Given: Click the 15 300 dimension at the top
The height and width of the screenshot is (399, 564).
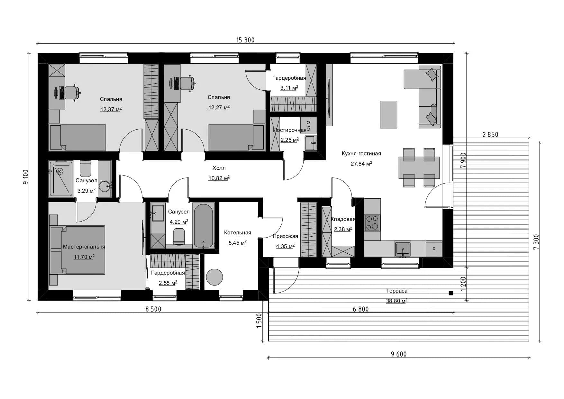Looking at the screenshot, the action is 245,40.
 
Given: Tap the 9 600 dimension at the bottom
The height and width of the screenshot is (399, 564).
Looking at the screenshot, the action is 399,354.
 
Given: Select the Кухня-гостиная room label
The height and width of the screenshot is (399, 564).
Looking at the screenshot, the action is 361,154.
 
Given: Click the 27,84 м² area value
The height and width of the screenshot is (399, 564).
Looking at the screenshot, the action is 361,164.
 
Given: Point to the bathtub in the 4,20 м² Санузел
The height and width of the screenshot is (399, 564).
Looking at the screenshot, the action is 203,225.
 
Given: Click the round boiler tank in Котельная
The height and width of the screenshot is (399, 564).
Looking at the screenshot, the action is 214,277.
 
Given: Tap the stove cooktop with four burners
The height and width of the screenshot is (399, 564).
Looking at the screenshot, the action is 372,223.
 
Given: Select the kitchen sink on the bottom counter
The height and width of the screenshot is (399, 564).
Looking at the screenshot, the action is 403,249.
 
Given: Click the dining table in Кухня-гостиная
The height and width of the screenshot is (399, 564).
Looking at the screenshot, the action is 419,168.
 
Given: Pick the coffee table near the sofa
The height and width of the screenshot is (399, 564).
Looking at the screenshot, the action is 389,114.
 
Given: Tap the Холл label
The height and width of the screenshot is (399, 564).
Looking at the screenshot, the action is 219,168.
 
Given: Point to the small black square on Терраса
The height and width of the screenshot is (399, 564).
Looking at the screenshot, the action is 451,293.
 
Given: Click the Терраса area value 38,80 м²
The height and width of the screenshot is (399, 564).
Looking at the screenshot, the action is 396,301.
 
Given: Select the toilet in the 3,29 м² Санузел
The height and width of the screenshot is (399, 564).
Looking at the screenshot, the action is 86,168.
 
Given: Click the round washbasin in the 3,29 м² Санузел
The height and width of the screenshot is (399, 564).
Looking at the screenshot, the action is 105,186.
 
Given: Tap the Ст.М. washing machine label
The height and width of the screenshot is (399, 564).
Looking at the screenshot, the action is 308,125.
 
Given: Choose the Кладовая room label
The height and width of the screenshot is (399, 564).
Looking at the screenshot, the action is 343,219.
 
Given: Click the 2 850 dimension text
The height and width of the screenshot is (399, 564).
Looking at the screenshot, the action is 490,135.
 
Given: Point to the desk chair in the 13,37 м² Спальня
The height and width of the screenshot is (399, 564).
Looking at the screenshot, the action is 72,93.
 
